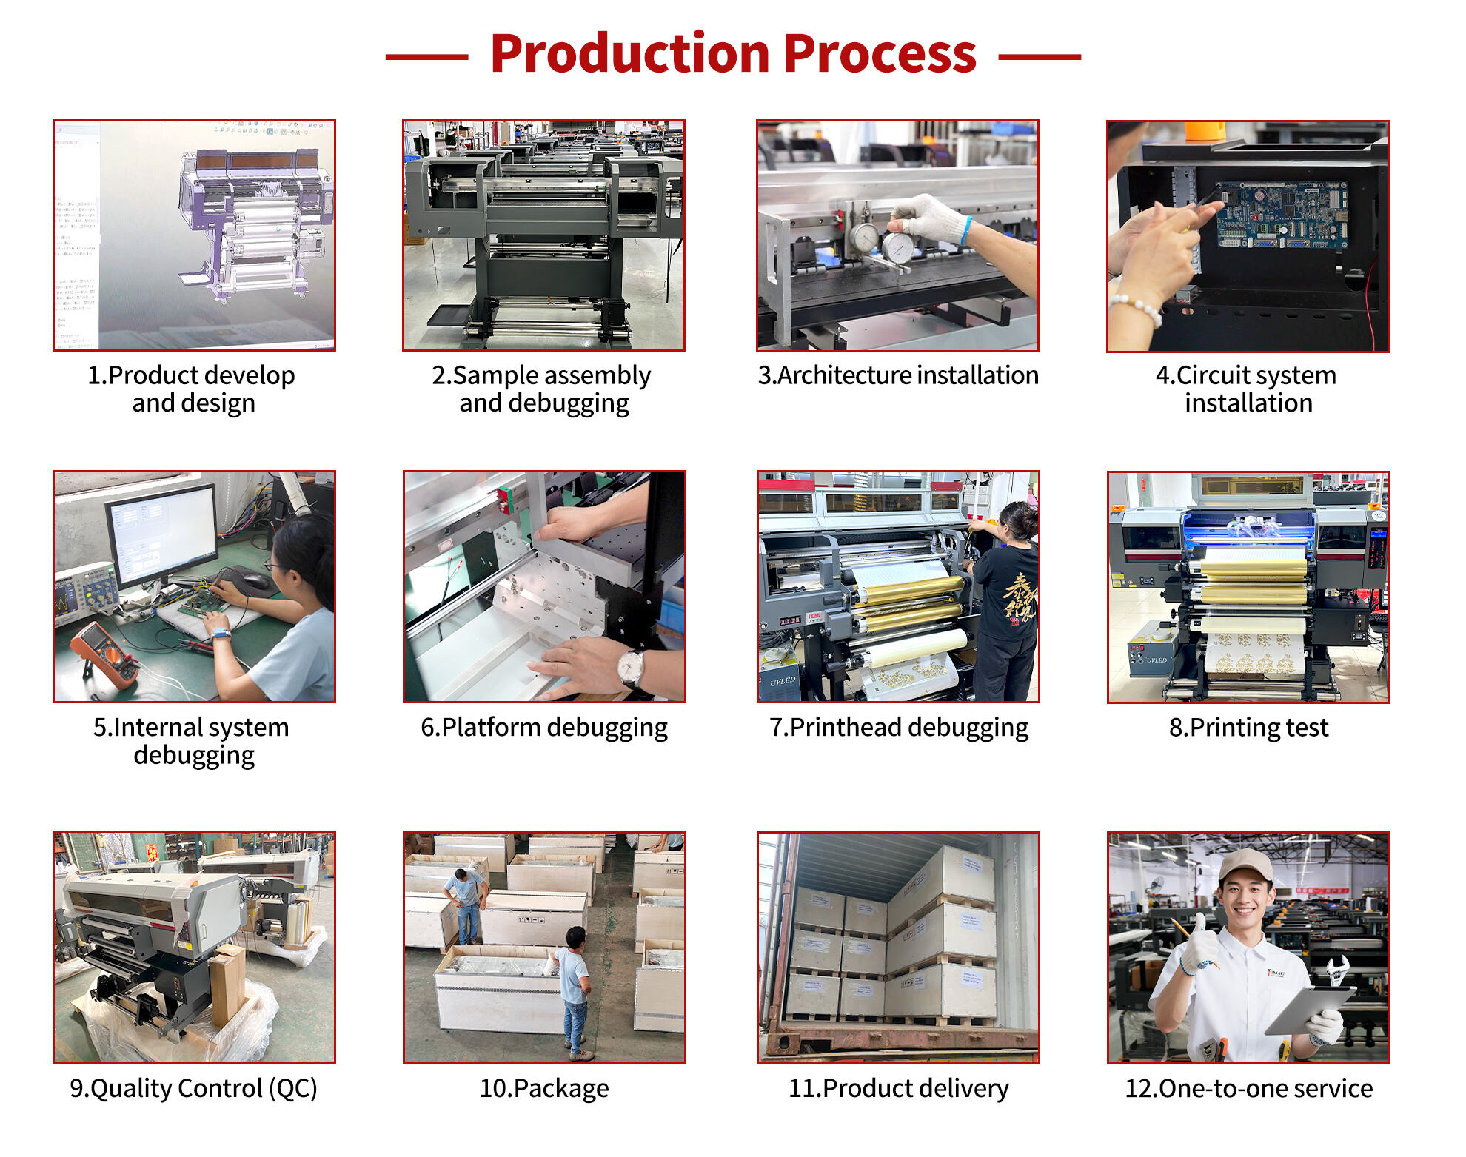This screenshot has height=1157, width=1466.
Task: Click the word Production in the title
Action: tap(629, 55)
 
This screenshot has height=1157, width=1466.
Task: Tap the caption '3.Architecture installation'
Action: tap(897, 375)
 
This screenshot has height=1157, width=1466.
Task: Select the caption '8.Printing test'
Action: tap(1248, 727)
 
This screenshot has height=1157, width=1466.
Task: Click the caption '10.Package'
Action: tap(544, 1088)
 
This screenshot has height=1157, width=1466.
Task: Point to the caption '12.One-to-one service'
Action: tap(1248, 1088)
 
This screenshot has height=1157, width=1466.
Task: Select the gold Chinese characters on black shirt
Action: tap(1019, 595)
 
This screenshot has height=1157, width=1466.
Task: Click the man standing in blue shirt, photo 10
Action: tap(575, 985)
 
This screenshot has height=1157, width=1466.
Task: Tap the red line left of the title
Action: tap(426, 56)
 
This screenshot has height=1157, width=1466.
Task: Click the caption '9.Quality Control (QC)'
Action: tap(193, 1088)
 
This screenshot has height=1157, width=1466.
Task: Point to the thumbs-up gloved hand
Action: tap(1198, 948)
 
